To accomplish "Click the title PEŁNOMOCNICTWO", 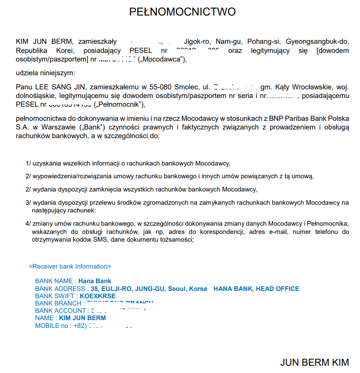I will (x=182, y=12).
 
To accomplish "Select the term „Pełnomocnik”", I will (x=118, y=105).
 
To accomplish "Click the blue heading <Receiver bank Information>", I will (x=70, y=266).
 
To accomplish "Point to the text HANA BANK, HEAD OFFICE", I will (x=257, y=289).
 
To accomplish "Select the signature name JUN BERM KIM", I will (x=314, y=363).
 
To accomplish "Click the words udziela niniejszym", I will (x=45, y=73).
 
